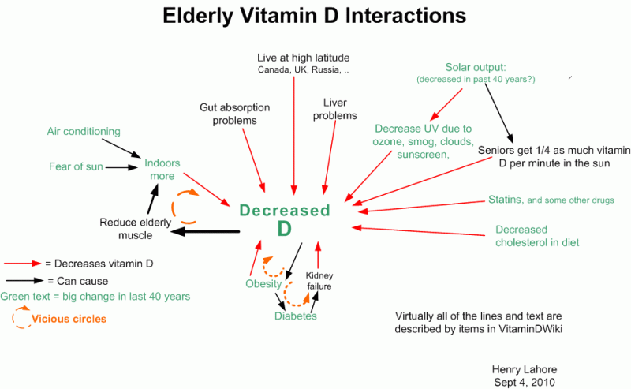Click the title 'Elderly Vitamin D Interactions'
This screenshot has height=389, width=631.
click(x=314, y=16)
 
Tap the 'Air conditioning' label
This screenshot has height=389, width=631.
click(x=84, y=132)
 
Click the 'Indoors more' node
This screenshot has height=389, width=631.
click(x=162, y=170)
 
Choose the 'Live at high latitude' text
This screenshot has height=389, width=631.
click(x=304, y=58)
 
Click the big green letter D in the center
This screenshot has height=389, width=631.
click(x=284, y=229)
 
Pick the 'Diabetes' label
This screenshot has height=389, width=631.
click(x=296, y=316)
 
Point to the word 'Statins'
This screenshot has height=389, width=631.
click(x=505, y=200)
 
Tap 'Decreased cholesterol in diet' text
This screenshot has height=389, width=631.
click(x=536, y=236)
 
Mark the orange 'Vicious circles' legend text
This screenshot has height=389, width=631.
click(x=69, y=320)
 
